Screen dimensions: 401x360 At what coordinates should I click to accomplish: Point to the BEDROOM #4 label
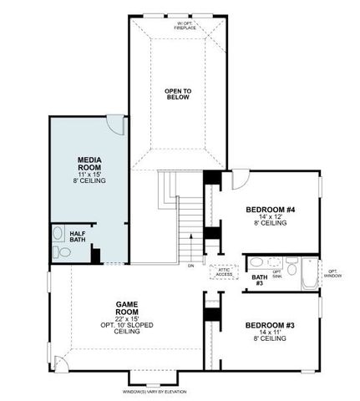(266, 209)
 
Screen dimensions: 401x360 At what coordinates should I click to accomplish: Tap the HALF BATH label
(78, 236)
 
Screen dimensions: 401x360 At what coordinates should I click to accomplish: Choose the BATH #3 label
(260, 279)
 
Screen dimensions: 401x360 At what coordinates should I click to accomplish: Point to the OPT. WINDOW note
(332, 273)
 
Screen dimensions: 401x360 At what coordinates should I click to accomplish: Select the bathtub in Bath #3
(309, 274)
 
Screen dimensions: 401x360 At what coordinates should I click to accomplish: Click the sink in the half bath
(58, 233)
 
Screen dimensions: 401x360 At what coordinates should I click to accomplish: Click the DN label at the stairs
(190, 266)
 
